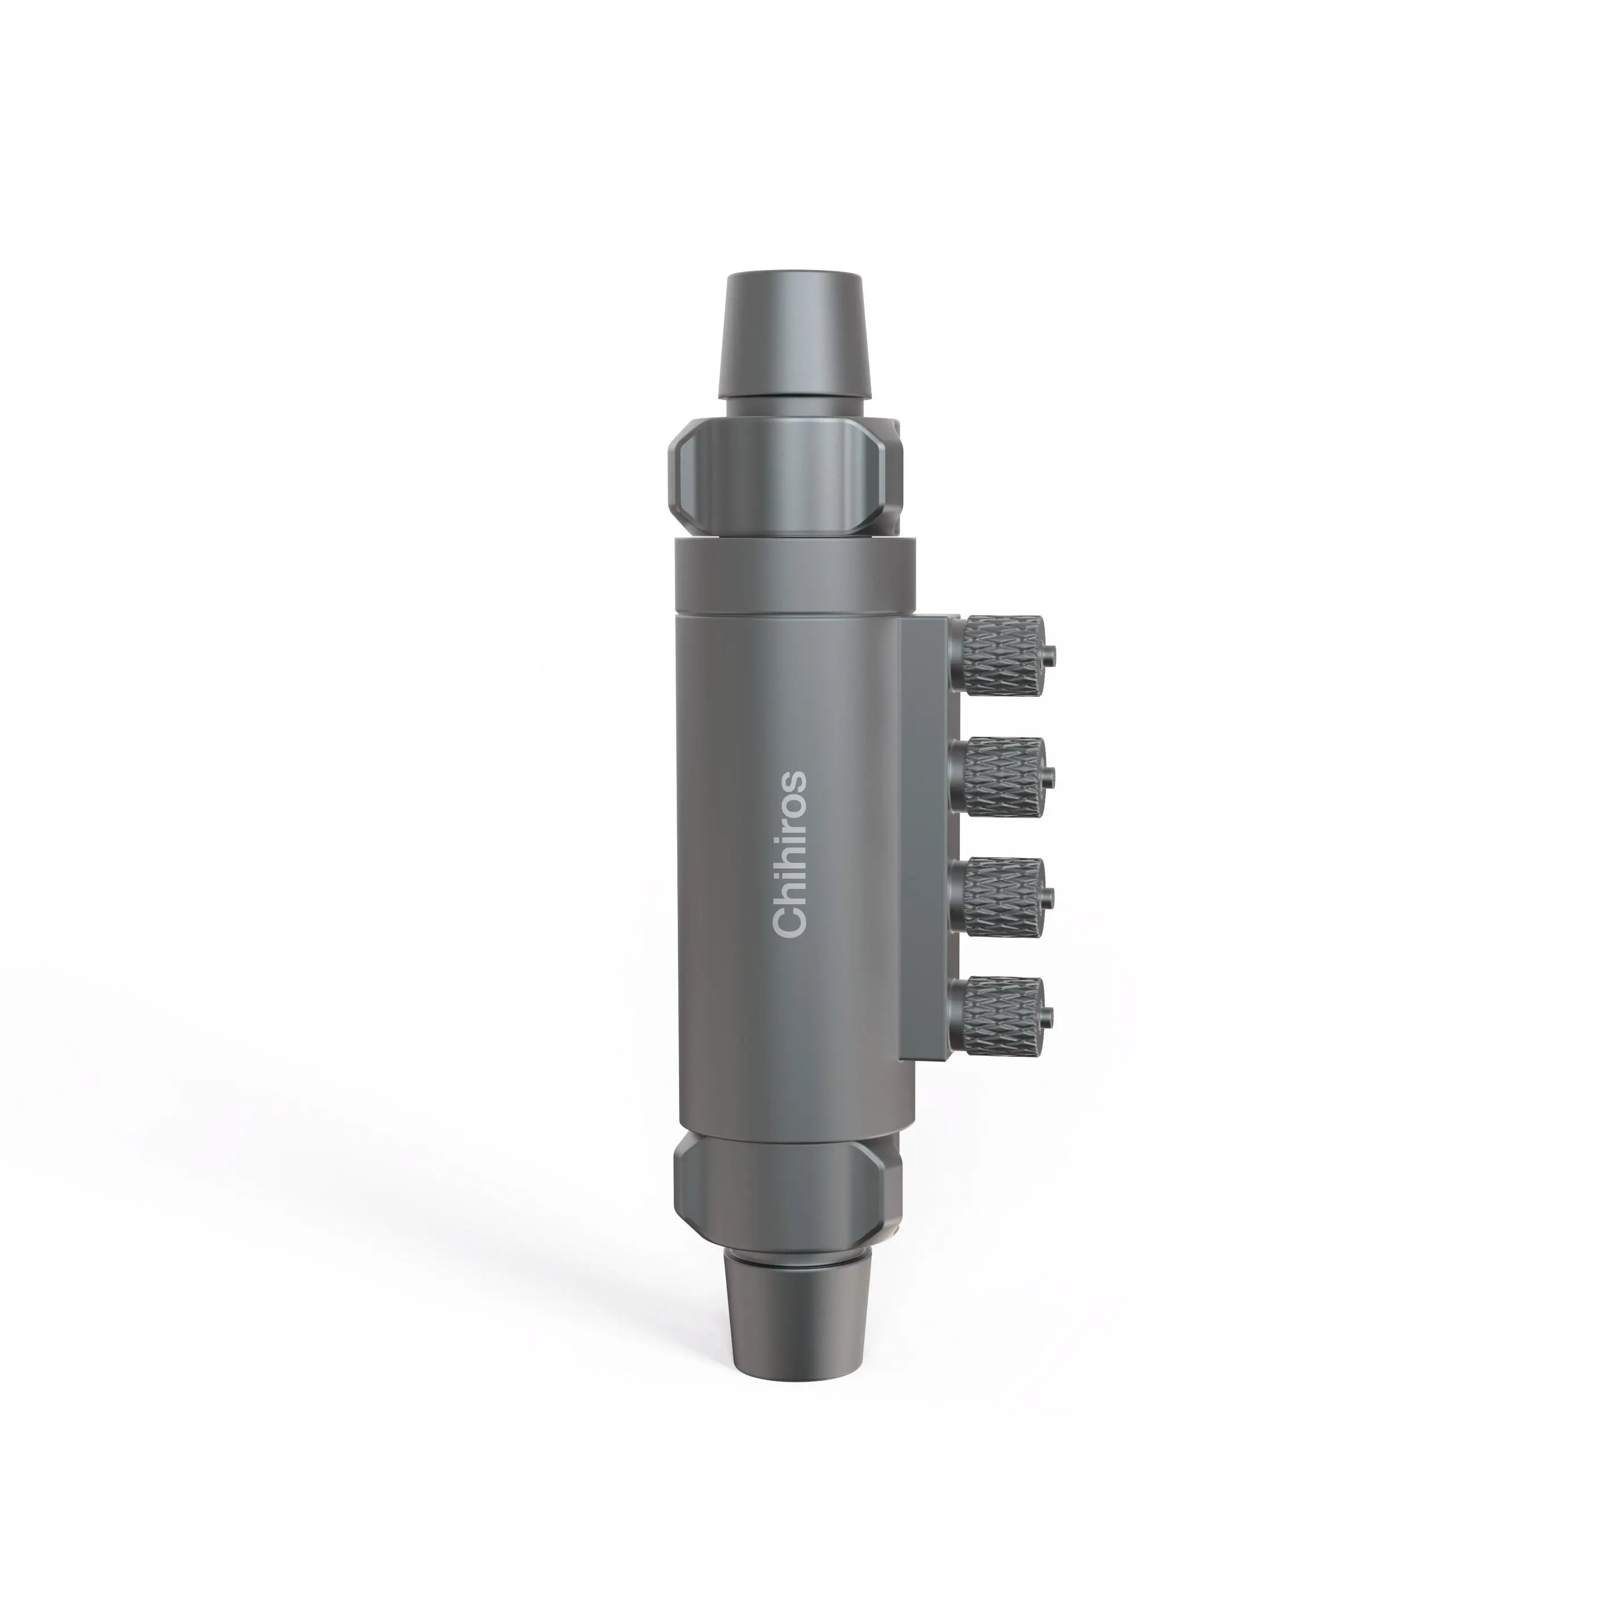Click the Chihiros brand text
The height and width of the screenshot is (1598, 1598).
789,854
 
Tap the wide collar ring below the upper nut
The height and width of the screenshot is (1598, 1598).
794,575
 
